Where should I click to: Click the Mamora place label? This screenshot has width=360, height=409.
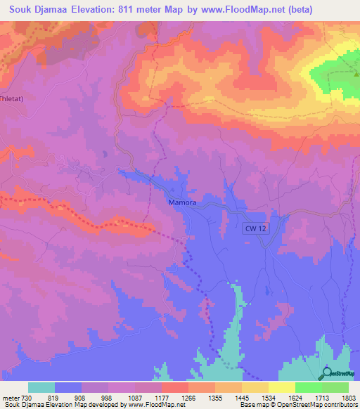(181, 203)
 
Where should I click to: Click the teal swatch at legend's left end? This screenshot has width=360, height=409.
(41, 387)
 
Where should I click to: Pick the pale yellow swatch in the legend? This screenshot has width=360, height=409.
(282, 387)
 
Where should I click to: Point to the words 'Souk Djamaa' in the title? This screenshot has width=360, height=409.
(34, 9)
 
